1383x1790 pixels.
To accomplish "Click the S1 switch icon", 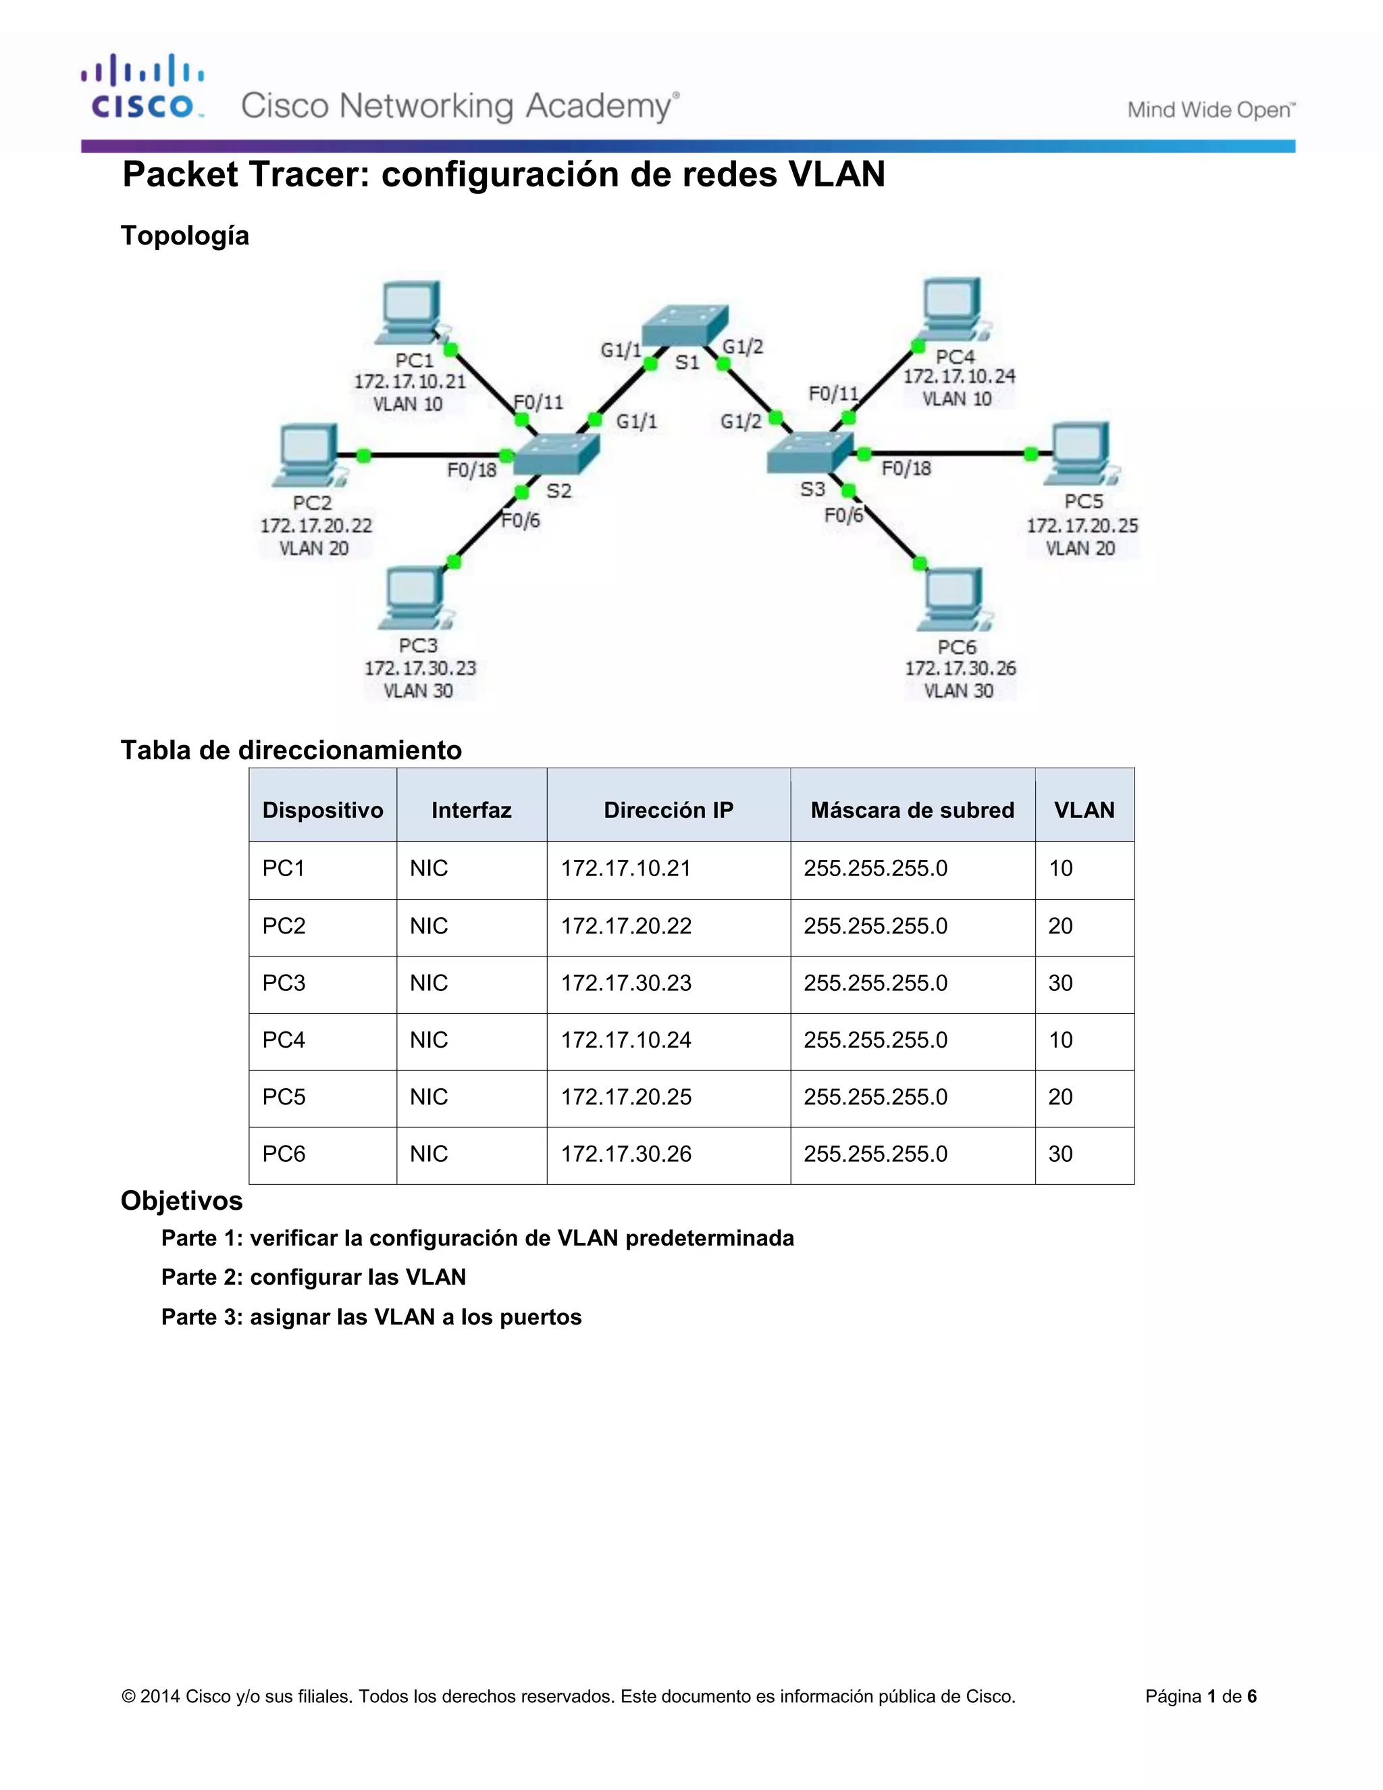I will (x=684, y=326).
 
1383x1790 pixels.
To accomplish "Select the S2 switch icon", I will (x=556, y=453).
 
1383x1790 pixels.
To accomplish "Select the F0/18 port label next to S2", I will (x=471, y=469).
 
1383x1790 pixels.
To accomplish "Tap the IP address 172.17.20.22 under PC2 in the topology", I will (x=316, y=526).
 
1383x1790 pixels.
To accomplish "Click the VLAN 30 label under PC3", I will (x=418, y=691).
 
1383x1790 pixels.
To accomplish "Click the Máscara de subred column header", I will (x=912, y=810).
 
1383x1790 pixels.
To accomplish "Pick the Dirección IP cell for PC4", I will (x=626, y=1040).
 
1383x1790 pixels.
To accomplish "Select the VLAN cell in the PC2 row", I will (x=1060, y=926).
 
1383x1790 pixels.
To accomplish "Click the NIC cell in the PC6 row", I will (x=429, y=1154).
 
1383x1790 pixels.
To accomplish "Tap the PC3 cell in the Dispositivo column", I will (x=284, y=983).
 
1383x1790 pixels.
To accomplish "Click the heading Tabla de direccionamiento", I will (x=291, y=750).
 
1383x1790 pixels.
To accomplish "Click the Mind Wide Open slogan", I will (x=1210, y=110).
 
